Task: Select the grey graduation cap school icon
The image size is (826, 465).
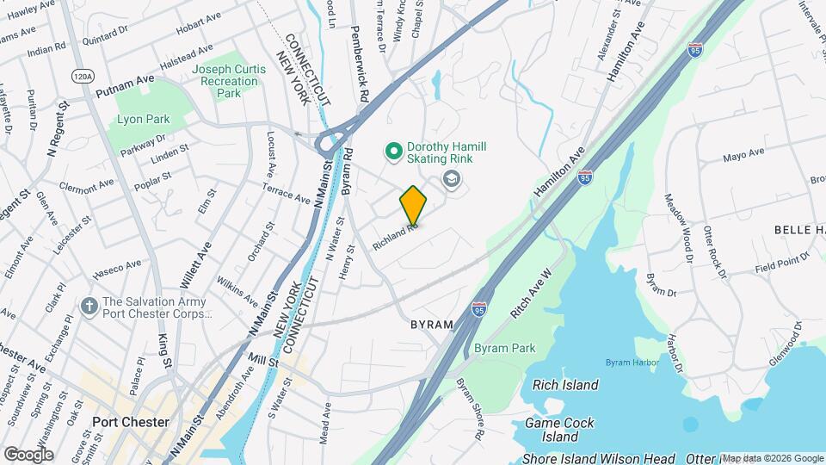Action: [x=451, y=179]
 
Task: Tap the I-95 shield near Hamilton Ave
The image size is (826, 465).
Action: [x=585, y=177]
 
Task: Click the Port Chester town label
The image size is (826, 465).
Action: [x=132, y=422]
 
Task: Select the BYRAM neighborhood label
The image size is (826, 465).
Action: [x=431, y=325]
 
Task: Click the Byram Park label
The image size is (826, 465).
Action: [x=504, y=349]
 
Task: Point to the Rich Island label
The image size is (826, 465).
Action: [x=565, y=385]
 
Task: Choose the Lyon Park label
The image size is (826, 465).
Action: [x=144, y=120]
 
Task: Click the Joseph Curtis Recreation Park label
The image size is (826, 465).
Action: [x=225, y=81]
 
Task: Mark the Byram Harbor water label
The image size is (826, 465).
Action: [x=632, y=363]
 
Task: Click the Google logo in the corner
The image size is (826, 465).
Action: [x=28, y=454]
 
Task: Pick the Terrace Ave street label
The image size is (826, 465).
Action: [x=286, y=193]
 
